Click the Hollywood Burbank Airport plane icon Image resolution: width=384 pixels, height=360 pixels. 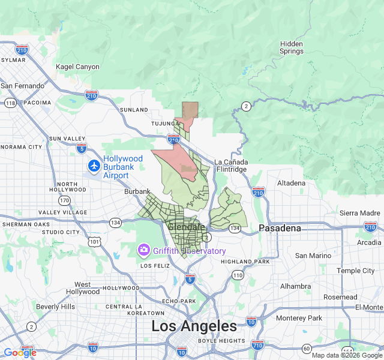tap(94, 165)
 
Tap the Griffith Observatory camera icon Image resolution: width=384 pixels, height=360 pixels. tap(144, 249)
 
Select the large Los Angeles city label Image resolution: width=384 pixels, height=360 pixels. tap(194, 326)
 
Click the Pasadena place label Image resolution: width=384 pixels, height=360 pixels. tap(279, 228)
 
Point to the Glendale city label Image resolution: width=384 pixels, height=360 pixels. tap(187, 227)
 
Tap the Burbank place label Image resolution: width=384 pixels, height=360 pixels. tap(137, 191)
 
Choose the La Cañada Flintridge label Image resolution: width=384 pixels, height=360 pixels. tap(230, 166)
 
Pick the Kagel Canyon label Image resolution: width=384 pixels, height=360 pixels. tap(77, 67)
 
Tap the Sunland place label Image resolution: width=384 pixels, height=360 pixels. tap(133, 110)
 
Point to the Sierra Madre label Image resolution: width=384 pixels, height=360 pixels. tap(360, 213)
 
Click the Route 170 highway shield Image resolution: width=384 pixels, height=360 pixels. tap(64, 200)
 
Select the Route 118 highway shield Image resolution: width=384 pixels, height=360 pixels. tap(10, 103)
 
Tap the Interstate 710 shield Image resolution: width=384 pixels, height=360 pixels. tap(258, 346)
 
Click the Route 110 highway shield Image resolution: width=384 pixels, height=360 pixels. tap(238, 275)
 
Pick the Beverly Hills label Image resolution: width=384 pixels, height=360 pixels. tap(55, 307)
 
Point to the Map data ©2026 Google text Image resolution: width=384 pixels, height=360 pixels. tap(347, 355)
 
